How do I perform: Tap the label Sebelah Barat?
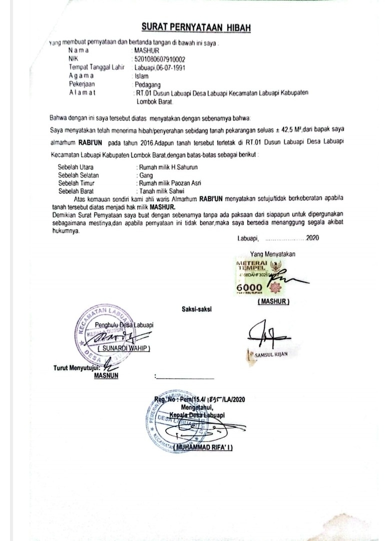pyautogui.click(x=76, y=191)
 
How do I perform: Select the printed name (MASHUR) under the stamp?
pyautogui.click(x=274, y=303)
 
